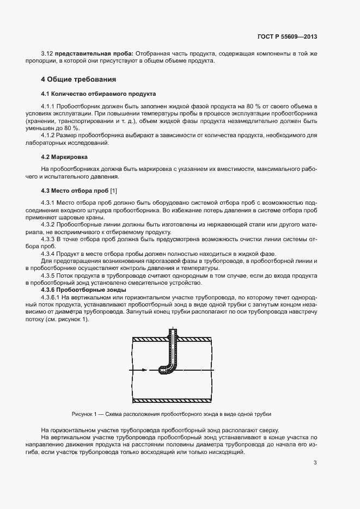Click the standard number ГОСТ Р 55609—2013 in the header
[x=286, y=37]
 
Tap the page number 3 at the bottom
[x=315, y=463]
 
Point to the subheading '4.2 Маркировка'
[x=65, y=156]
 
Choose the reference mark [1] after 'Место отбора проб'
[x=113, y=191]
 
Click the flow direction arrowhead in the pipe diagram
[x=144, y=370]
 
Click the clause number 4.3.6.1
[x=51, y=298]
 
